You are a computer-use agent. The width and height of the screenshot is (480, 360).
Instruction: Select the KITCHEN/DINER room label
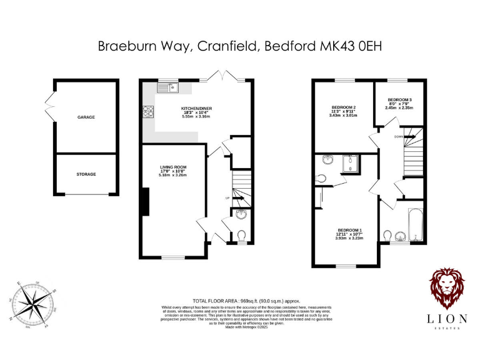pyautogui.click(x=197, y=109)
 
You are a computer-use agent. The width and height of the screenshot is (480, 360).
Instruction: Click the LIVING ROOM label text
pyautogui.click(x=173, y=167)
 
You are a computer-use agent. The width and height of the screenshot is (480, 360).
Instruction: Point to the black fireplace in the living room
pyautogui.click(x=145, y=201)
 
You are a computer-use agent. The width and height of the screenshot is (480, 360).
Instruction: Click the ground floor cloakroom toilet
pyautogui.click(x=242, y=235)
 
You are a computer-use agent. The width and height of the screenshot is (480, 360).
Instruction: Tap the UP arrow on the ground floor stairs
pyautogui.click(x=227, y=198)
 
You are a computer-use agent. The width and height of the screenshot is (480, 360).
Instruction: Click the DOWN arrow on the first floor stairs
pyautogui.click(x=398, y=136)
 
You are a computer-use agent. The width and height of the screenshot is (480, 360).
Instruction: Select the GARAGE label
pyautogui.click(x=86, y=117)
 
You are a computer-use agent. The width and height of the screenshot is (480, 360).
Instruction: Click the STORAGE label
pyautogui.click(x=86, y=174)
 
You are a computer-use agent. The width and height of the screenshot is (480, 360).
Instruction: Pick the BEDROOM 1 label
pyautogui.click(x=349, y=229)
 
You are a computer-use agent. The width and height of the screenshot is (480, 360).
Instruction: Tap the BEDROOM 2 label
pyautogui.click(x=343, y=107)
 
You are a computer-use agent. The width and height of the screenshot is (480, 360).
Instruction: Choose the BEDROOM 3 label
pyautogui.click(x=399, y=99)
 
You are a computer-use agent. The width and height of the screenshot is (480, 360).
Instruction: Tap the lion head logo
pyautogui.click(x=446, y=289)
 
